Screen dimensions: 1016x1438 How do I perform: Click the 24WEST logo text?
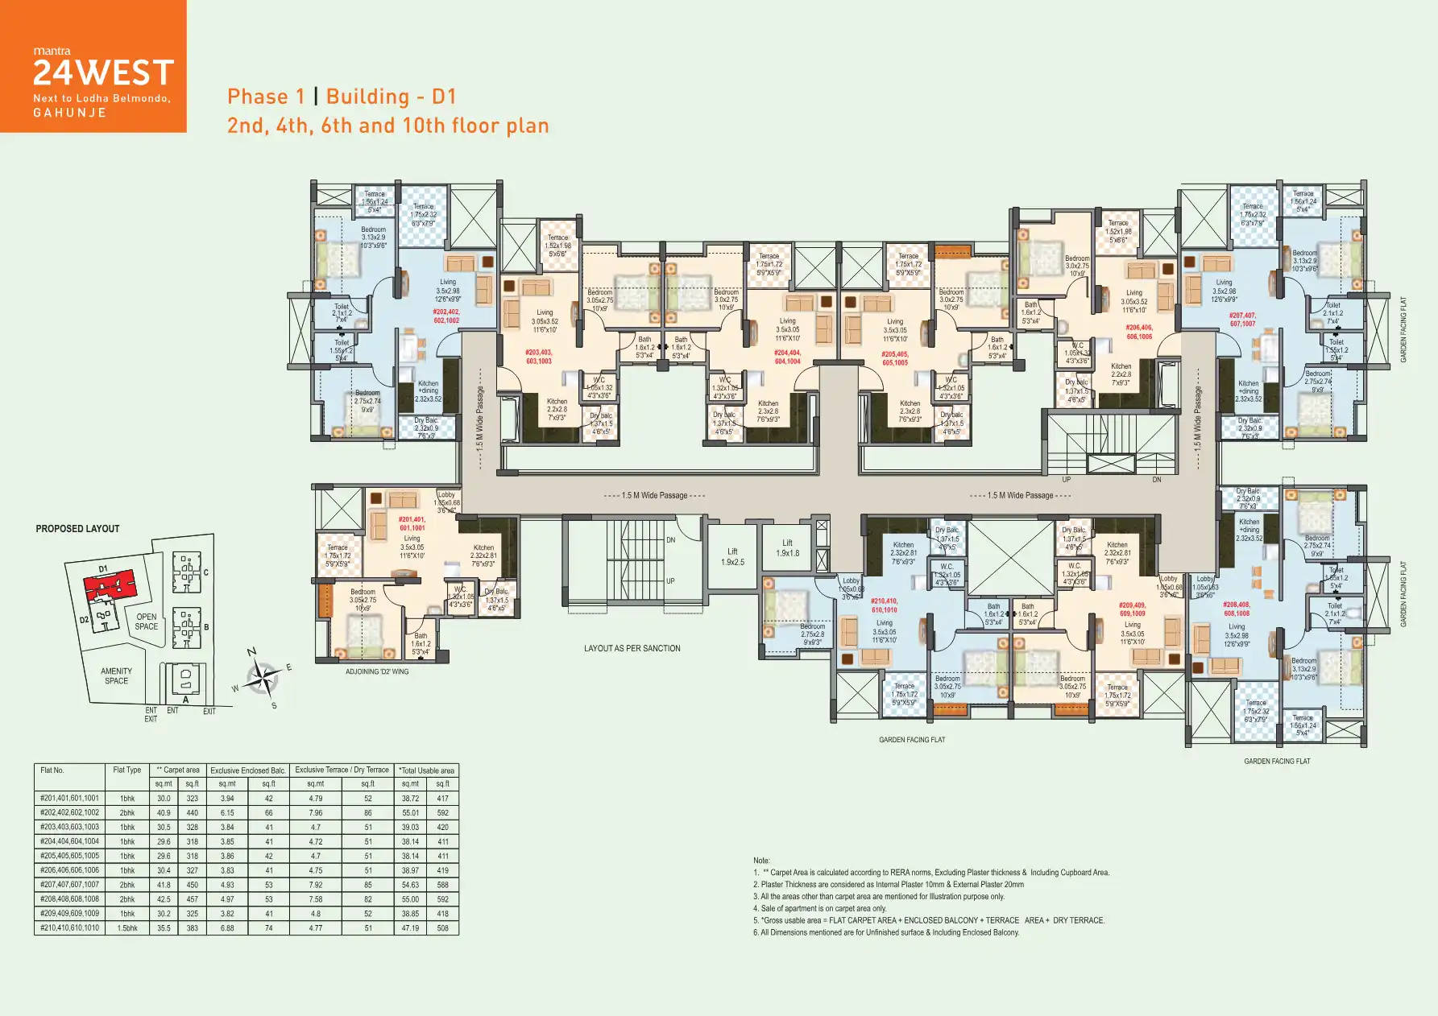[x=103, y=73]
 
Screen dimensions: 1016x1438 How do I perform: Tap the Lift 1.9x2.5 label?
[x=732, y=557]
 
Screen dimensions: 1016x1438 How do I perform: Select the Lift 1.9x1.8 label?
[x=787, y=548]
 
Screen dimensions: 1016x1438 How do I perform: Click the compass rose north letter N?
[x=251, y=652]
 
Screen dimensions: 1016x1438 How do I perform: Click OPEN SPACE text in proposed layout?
[x=147, y=622]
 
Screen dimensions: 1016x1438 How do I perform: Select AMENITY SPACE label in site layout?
[x=116, y=675]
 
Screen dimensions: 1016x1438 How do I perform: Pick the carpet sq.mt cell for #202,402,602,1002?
[x=164, y=813]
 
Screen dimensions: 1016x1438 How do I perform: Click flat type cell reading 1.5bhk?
[x=127, y=928]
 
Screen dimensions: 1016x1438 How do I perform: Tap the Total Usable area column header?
[x=428, y=770]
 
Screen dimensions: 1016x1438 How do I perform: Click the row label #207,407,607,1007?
[x=70, y=885]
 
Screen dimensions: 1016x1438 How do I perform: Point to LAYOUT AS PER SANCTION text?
[x=632, y=648]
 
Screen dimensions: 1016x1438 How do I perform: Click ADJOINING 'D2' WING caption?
[x=377, y=671]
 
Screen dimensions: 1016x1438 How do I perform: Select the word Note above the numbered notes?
[x=761, y=861]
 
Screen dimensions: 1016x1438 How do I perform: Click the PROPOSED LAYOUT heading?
[x=77, y=529]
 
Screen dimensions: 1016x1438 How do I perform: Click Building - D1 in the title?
[x=391, y=97]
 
